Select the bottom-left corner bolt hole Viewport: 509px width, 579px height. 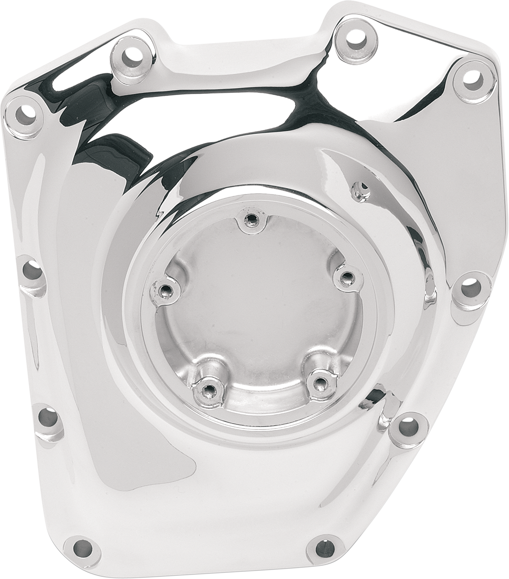tap(82, 548)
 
